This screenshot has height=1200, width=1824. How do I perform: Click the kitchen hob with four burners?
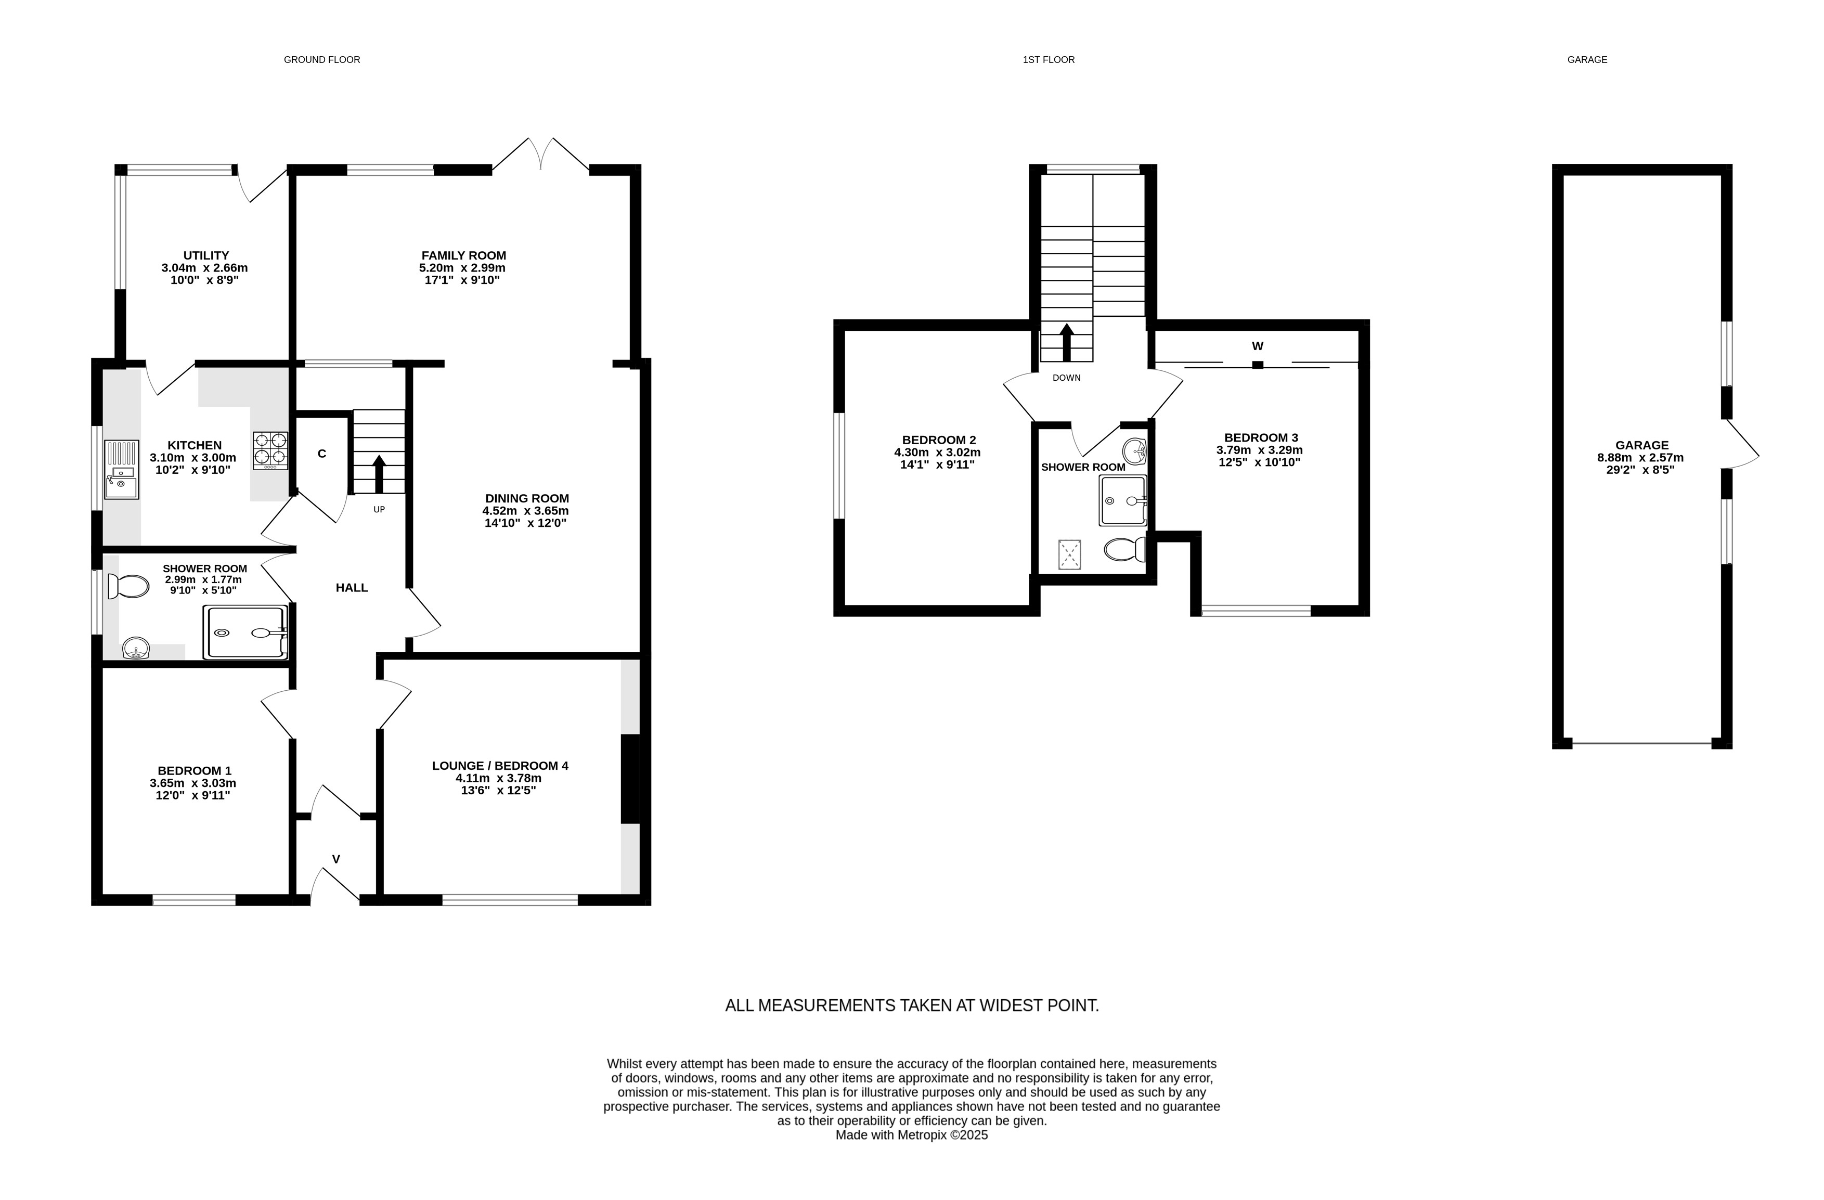(x=270, y=451)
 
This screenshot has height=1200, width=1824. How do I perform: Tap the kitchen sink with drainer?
(x=121, y=470)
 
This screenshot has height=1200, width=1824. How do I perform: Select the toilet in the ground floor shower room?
(x=128, y=587)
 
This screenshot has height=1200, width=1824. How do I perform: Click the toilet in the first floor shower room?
(x=1125, y=549)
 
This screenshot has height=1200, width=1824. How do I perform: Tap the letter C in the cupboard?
(x=322, y=454)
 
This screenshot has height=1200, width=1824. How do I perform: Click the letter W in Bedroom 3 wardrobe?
(x=1258, y=345)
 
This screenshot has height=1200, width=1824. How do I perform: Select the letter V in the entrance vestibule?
(x=335, y=859)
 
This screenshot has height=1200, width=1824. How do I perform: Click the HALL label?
(x=352, y=588)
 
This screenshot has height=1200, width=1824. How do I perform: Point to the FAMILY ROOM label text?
(x=463, y=255)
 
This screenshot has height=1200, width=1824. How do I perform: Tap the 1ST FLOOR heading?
(x=1049, y=60)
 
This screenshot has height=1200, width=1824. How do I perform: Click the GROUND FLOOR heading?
(x=322, y=60)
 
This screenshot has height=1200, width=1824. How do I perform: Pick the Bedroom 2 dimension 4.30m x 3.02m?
(x=937, y=452)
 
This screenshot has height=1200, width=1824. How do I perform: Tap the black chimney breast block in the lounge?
(x=630, y=779)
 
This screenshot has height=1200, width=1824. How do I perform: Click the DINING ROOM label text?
(x=527, y=498)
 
